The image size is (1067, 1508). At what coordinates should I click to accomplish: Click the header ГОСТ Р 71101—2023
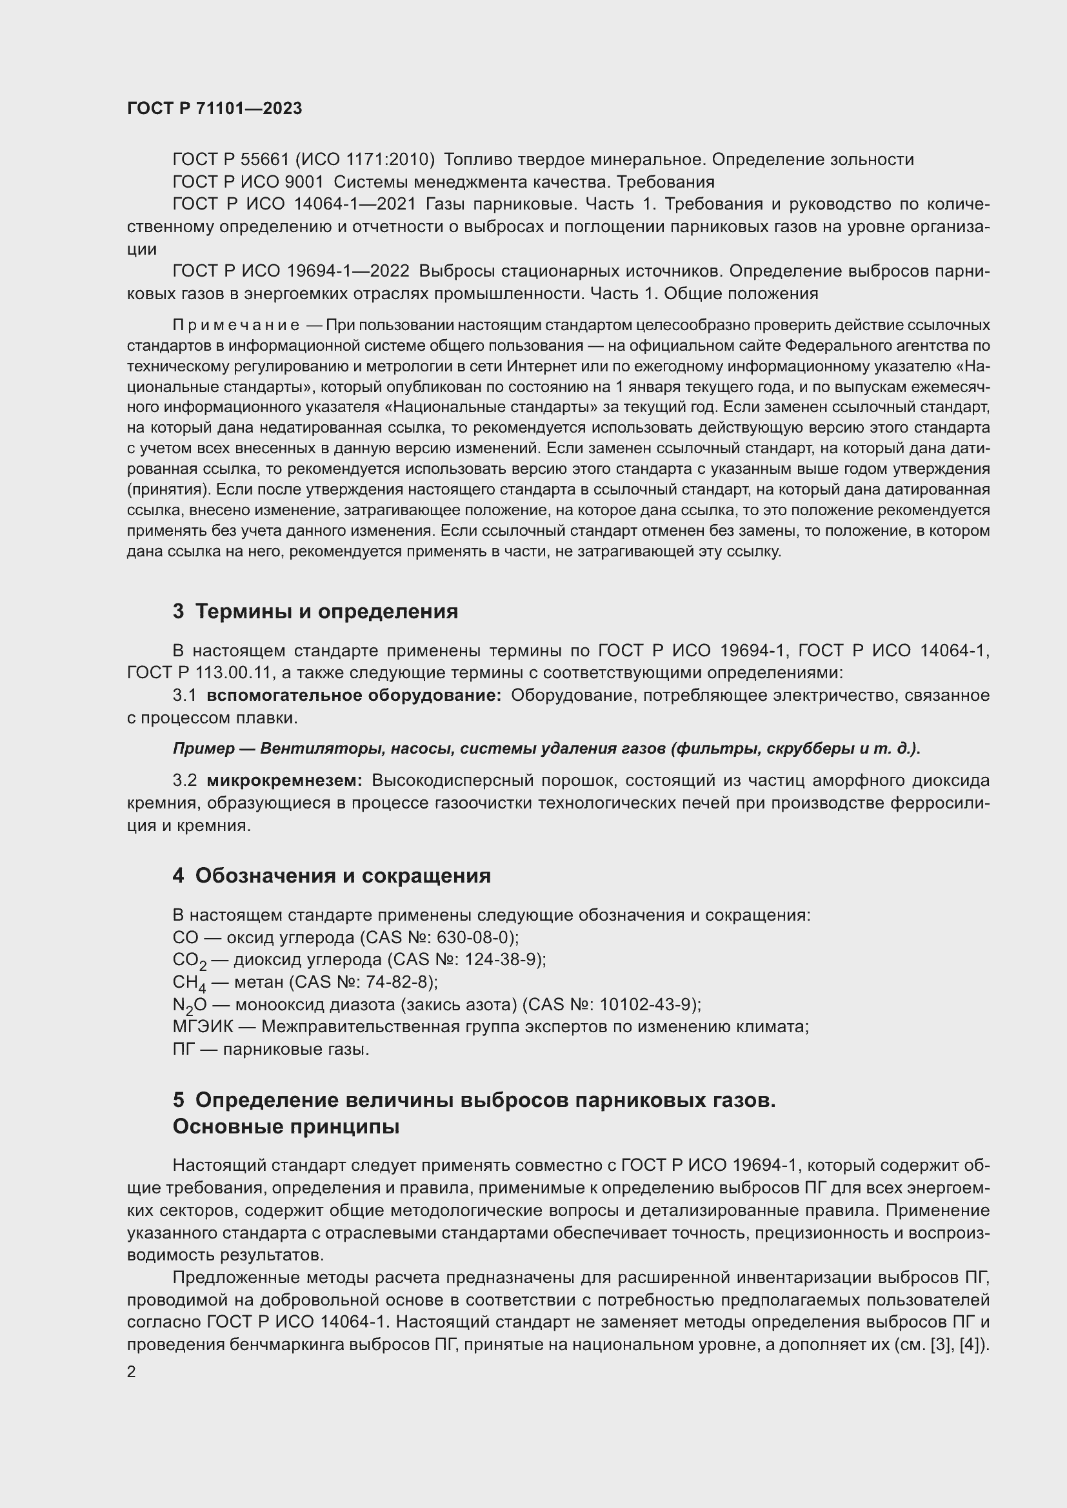click(x=214, y=108)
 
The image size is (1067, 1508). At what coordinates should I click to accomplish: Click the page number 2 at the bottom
click(x=132, y=1371)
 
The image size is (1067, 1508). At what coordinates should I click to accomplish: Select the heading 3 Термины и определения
click(x=315, y=611)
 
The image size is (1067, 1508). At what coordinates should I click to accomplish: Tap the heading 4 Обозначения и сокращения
click(x=331, y=876)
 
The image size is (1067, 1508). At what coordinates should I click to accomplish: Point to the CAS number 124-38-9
click(x=503, y=959)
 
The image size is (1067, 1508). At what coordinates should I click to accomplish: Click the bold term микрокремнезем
click(x=284, y=780)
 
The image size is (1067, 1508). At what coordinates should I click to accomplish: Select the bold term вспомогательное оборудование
click(x=354, y=695)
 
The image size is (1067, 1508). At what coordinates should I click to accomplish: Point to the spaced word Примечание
click(x=236, y=325)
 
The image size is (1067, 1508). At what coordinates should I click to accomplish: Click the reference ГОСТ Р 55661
click(x=230, y=160)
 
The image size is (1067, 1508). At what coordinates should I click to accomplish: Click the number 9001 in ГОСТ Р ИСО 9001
click(x=304, y=182)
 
